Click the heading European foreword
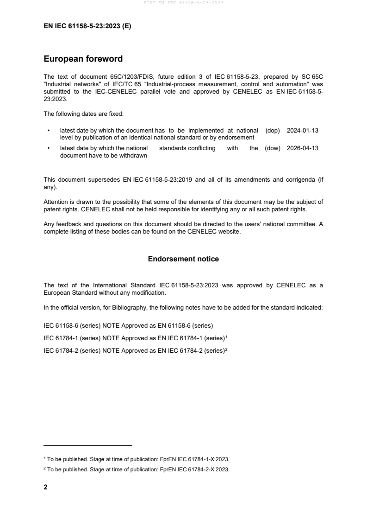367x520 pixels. [x=83, y=59]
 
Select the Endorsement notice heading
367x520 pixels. [x=183, y=259]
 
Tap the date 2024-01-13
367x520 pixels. [x=303, y=131]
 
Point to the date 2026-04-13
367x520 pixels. [x=303, y=148]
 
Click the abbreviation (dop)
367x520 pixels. [x=273, y=131]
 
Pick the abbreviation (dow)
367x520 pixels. [x=273, y=148]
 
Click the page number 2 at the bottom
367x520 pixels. [x=45, y=487]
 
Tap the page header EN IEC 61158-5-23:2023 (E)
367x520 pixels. [x=87, y=26]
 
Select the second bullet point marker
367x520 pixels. [x=49, y=148]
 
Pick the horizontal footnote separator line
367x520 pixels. [x=88, y=445]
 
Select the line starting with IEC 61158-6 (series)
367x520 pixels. [x=128, y=325]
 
